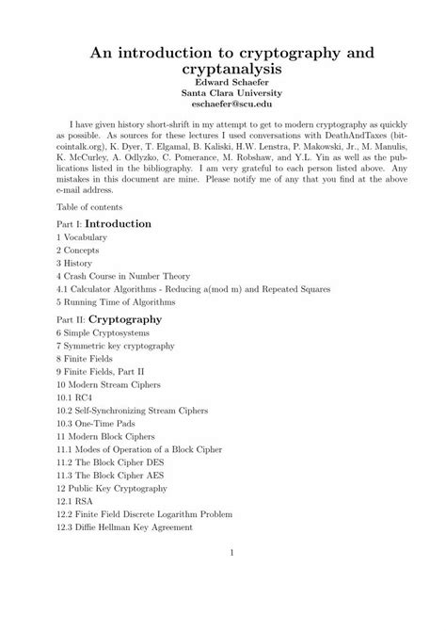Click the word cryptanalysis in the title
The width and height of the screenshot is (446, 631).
222,71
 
